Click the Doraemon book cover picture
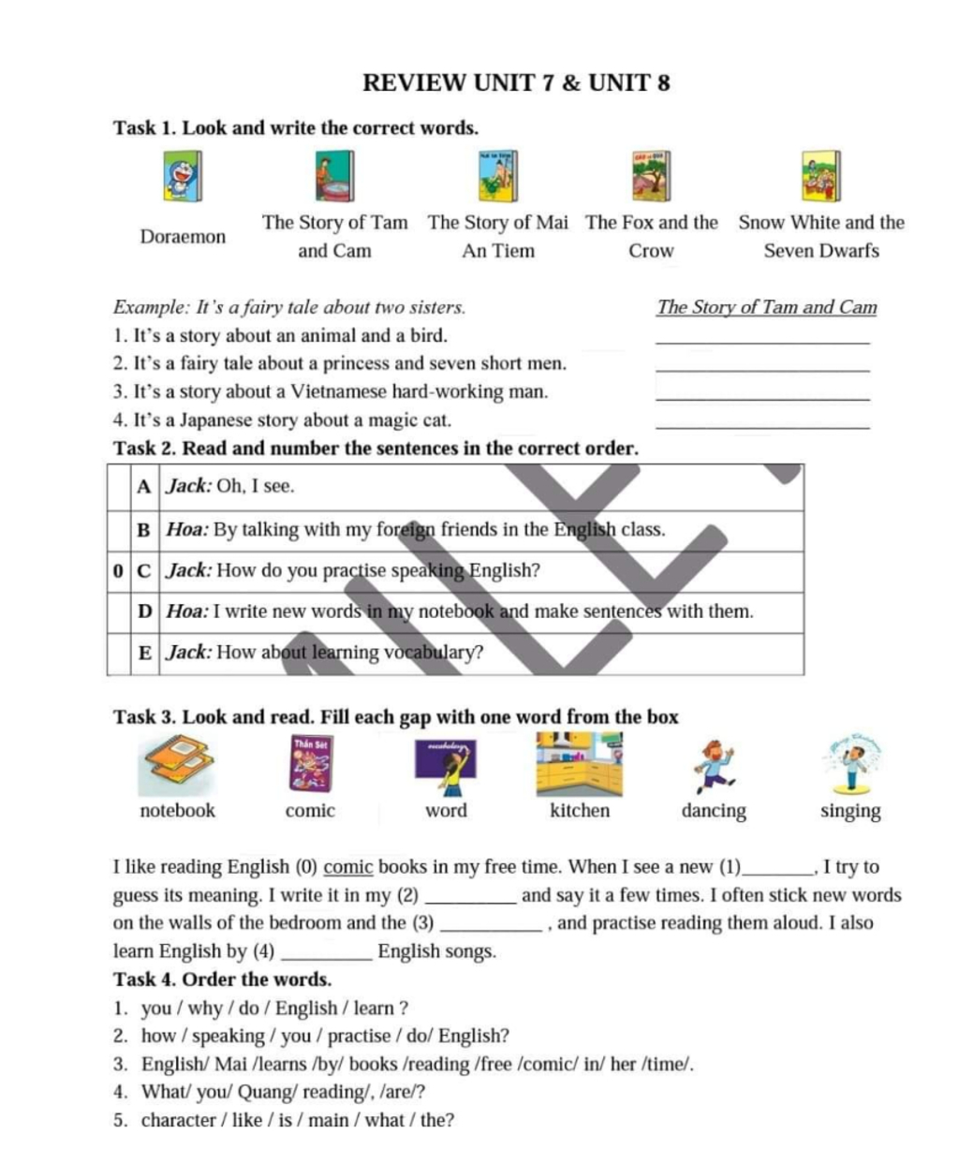tap(183, 176)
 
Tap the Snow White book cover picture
tap(820, 176)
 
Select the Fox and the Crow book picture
tap(651, 176)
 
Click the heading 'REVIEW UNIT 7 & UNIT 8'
tap(516, 83)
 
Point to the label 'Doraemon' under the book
tap(183, 237)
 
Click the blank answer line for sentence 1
tap(763, 339)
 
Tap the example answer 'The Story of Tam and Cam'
tap(767, 307)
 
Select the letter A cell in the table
tap(143, 487)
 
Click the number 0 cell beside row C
tap(117, 570)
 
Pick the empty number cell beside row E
tap(117, 653)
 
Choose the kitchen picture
tap(579, 763)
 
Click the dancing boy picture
tap(714, 763)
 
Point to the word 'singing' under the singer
tap(850, 811)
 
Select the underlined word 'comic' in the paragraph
tap(348, 867)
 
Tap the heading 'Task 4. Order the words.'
tap(222, 979)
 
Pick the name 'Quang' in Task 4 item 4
tap(266, 1092)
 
